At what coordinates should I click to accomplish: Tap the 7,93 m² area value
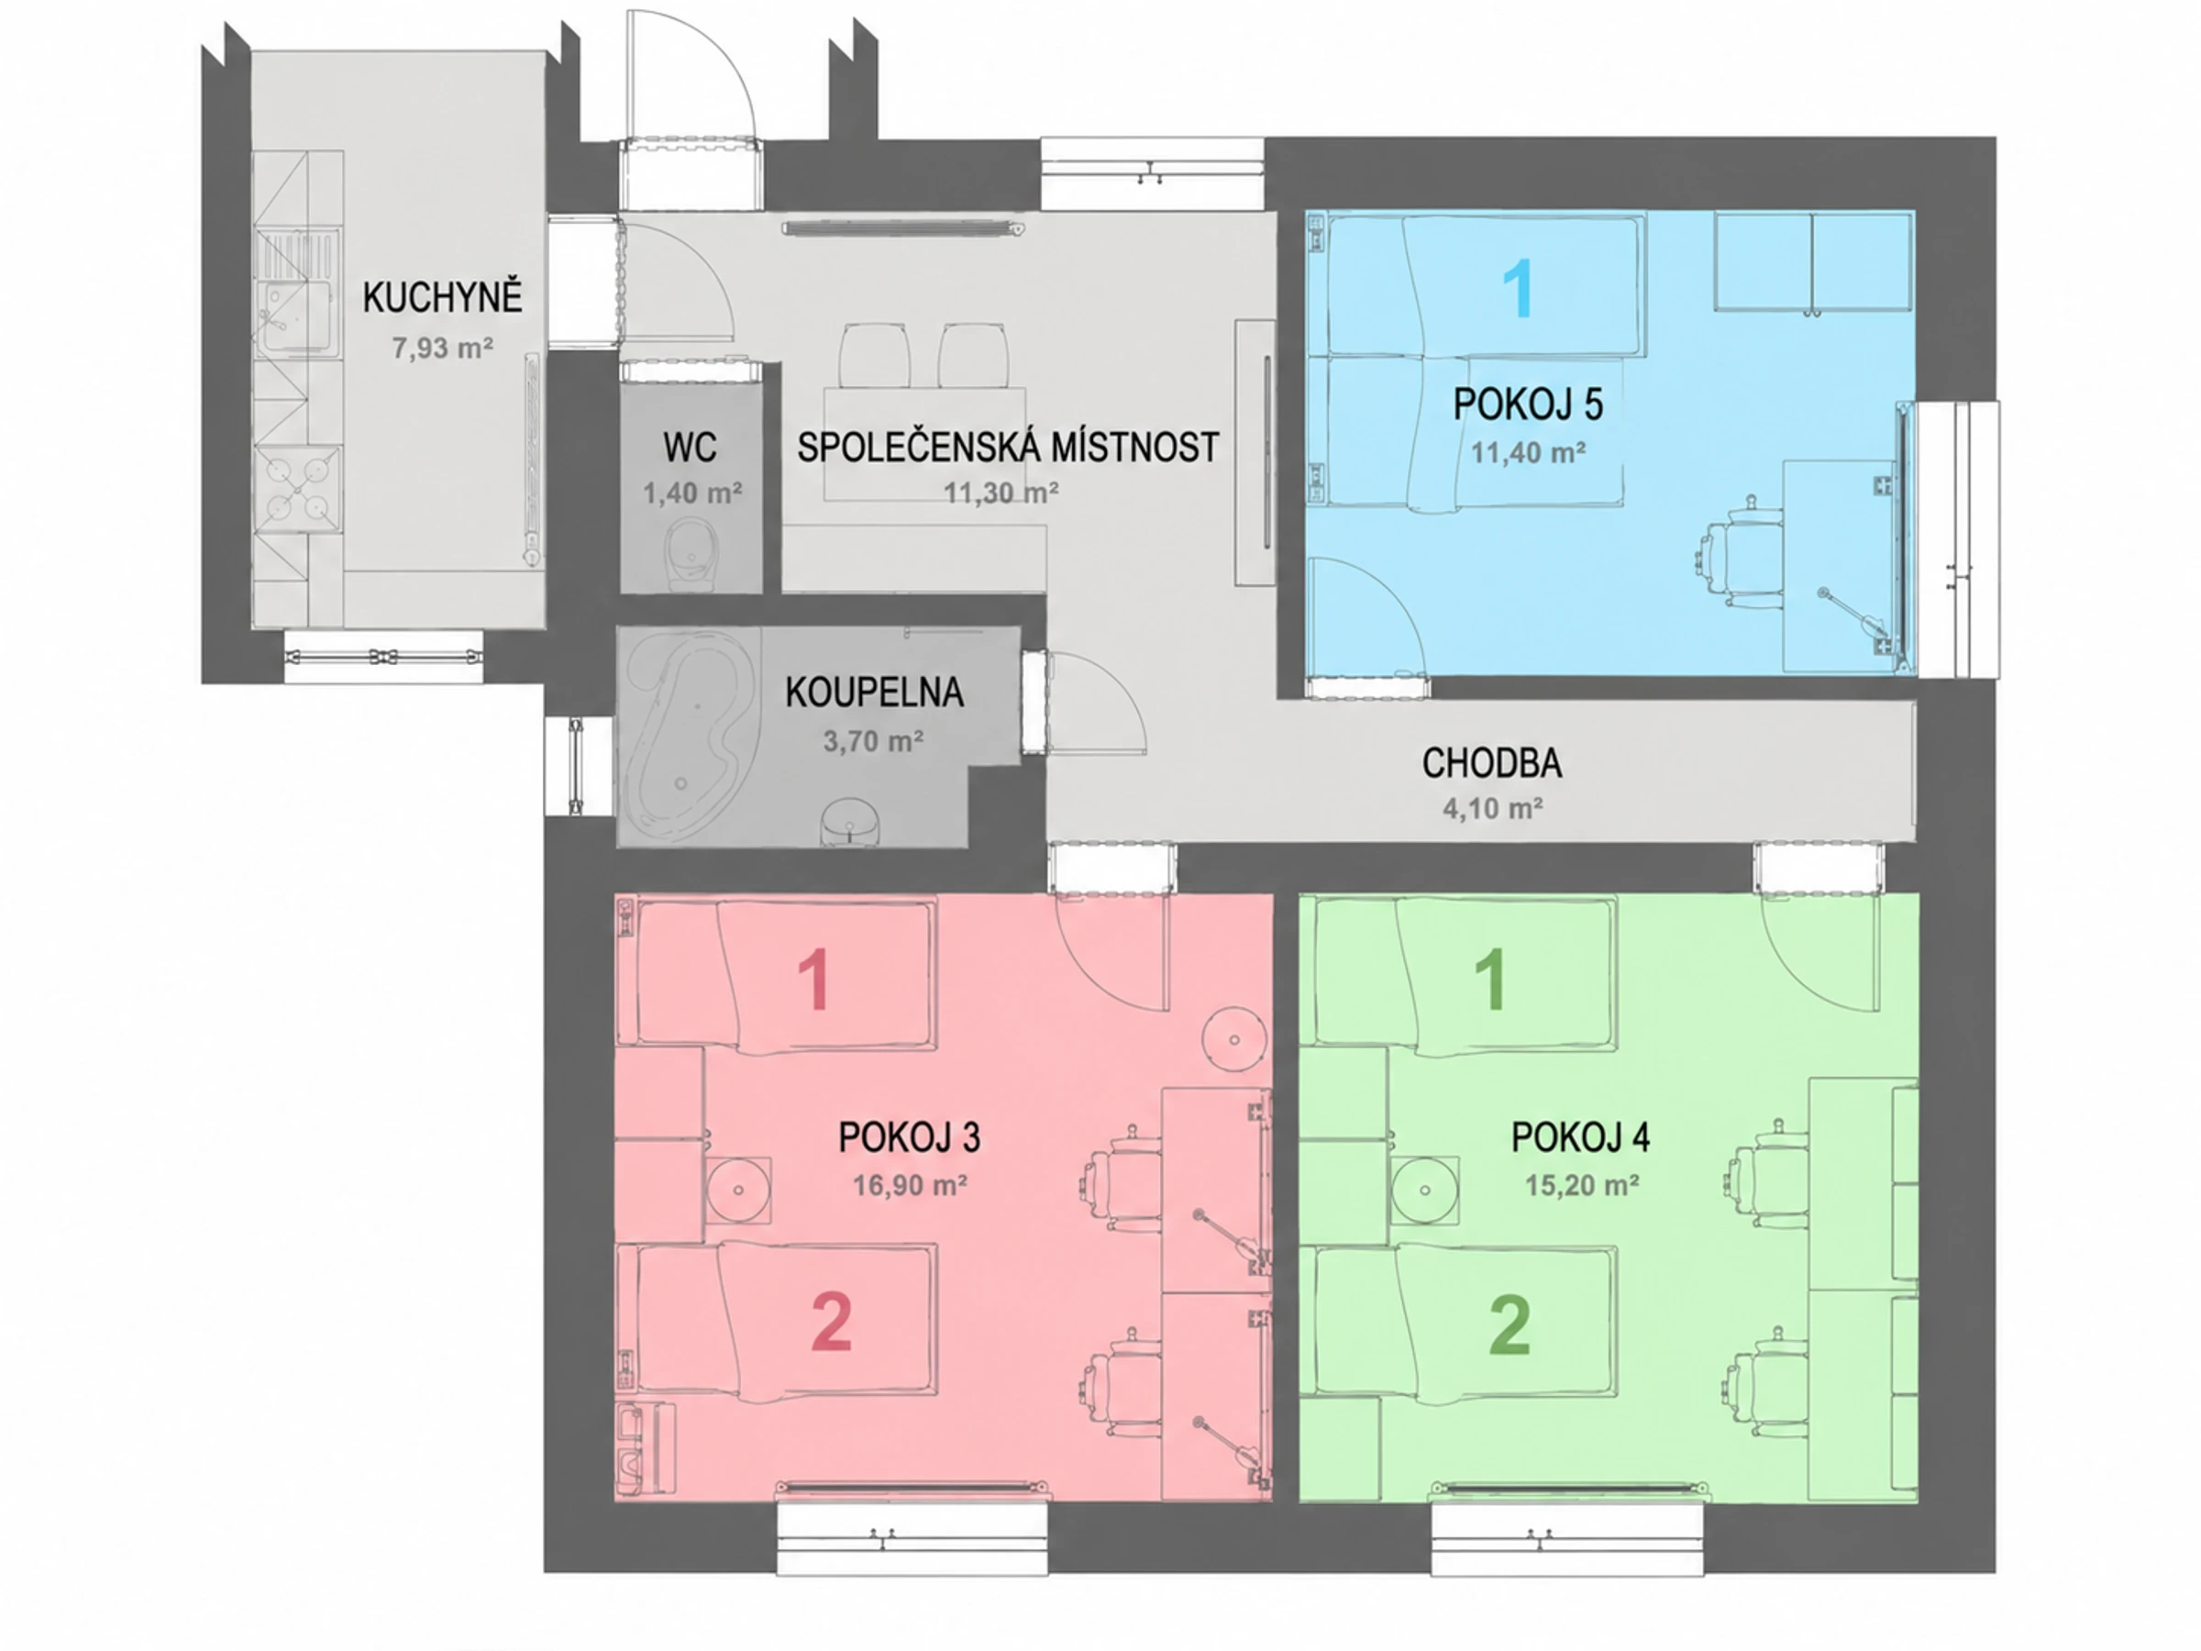443,349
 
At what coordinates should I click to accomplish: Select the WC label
691,448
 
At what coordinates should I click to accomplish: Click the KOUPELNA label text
875,693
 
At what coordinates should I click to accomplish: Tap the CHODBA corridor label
1491,763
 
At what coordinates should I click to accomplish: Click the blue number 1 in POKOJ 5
1518,289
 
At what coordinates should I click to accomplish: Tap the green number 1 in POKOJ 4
1489,981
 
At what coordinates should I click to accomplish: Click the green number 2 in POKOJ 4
1509,1325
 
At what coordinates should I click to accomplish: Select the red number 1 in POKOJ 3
814,981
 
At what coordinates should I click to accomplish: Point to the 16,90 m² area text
910,1185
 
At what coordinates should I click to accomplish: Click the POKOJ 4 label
1581,1137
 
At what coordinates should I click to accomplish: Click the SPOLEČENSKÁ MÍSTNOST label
1008,447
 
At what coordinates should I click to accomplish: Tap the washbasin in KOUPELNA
852,822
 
